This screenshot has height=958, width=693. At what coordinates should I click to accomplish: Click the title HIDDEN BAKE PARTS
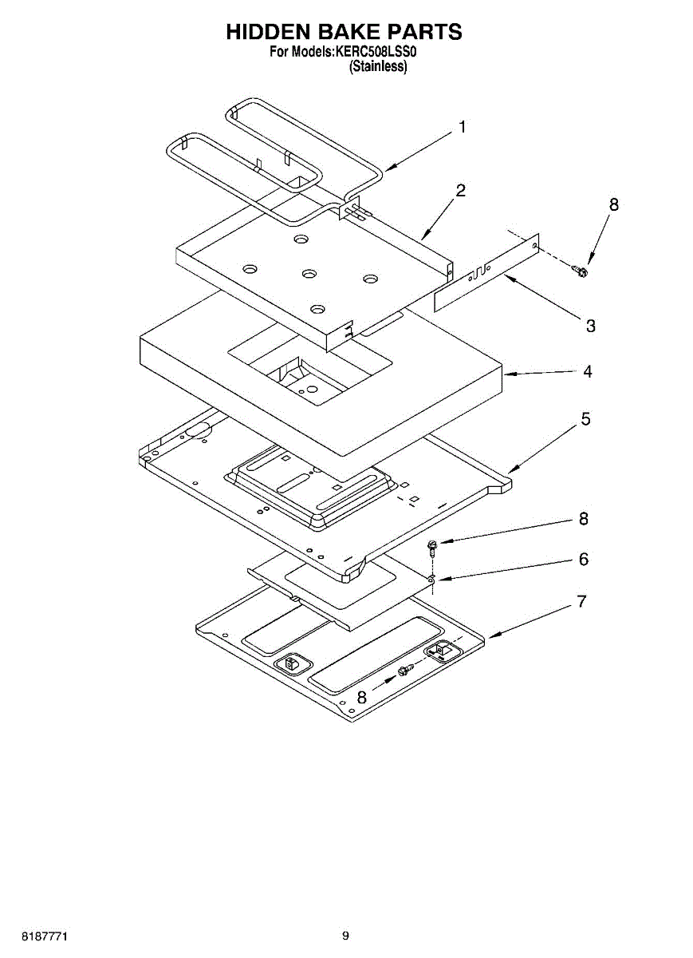click(x=345, y=32)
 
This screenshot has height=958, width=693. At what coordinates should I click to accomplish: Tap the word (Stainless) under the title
click(x=378, y=67)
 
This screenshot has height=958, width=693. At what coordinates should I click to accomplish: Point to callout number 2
click(x=461, y=191)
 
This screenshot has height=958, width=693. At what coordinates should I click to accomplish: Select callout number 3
click(x=591, y=326)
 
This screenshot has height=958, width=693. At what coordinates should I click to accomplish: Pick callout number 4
click(x=587, y=371)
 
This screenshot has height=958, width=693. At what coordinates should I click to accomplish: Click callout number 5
click(x=585, y=419)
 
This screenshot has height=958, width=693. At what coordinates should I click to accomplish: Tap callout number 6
click(x=584, y=560)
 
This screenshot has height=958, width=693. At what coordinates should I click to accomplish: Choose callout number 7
click(x=583, y=601)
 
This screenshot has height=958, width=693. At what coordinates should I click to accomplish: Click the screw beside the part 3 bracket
click(x=581, y=271)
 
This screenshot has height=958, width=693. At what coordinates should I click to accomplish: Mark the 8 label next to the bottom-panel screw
click(x=362, y=697)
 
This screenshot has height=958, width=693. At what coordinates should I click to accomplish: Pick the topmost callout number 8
click(x=613, y=205)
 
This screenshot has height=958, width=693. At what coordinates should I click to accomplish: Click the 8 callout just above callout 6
click(x=584, y=519)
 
